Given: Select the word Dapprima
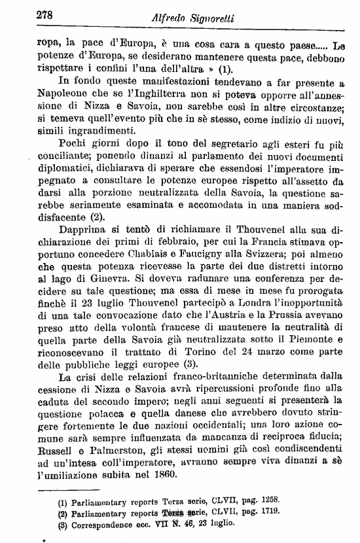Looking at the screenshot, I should (82, 231).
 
